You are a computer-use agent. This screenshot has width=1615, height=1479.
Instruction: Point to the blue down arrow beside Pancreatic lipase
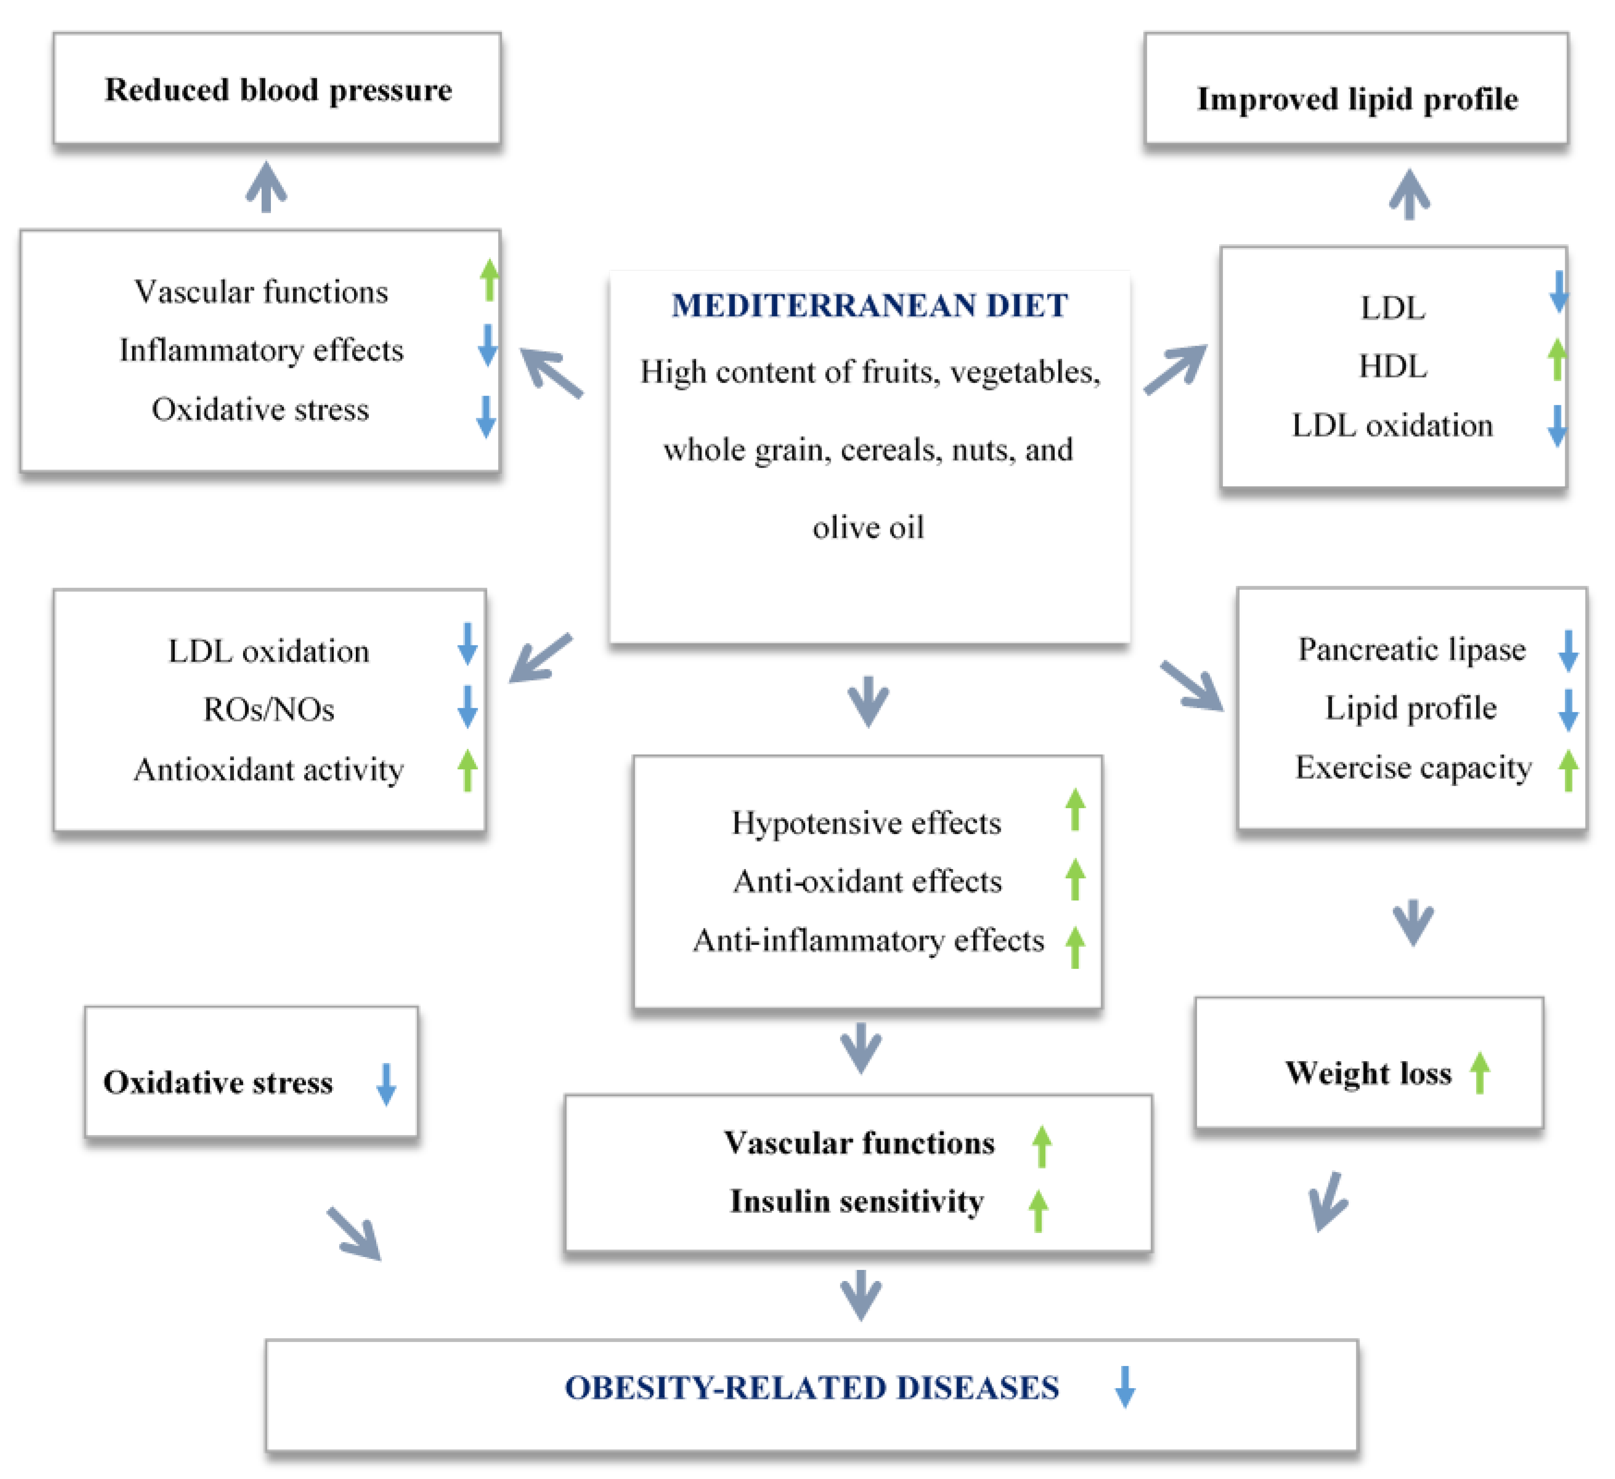[1568, 650]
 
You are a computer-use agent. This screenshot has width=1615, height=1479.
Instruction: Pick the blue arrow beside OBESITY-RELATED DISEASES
[1125, 1387]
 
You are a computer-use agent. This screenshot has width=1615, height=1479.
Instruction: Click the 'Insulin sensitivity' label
[856, 1201]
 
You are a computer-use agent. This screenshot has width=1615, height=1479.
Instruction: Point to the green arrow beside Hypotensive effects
[1075, 810]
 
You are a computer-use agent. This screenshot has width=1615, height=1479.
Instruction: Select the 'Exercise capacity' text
[1413, 767]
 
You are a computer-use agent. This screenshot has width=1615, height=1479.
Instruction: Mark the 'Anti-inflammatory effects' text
[868, 940]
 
